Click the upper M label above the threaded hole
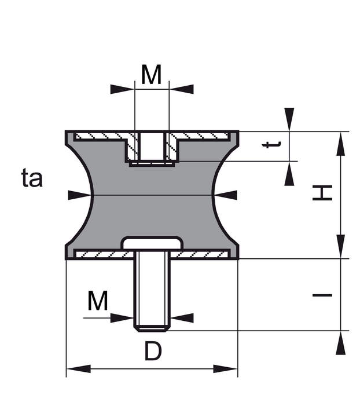(151, 75)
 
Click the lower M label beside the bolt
(98, 301)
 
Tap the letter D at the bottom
(152, 351)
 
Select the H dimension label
(323, 193)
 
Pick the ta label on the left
(32, 178)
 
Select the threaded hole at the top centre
(152, 146)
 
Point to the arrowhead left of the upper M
(122, 89)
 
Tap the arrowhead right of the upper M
(182, 89)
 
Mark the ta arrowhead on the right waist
(226, 195)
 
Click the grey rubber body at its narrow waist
(152, 195)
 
